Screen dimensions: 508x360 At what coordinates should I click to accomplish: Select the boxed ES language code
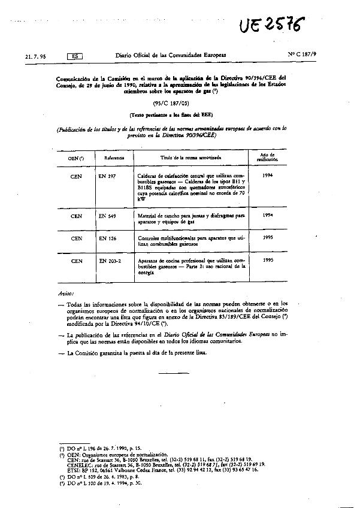pos(74,56)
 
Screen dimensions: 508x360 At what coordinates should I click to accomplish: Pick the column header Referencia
pos(114,157)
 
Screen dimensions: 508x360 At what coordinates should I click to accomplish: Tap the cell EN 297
pos(108,176)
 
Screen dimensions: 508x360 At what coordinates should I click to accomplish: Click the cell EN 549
pos(108,216)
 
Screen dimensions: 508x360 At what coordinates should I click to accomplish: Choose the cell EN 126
pos(108,238)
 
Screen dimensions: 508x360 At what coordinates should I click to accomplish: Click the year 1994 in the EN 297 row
pos(268,176)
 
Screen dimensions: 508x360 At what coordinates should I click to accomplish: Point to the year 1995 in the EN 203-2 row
pos(268,261)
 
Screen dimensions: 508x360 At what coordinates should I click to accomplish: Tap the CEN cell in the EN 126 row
pos(76,238)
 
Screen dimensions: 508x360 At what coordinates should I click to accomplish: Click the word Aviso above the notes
pos(66,295)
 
